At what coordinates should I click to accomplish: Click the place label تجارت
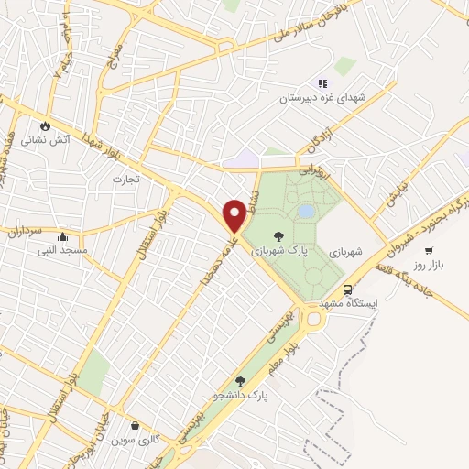pos(125,179)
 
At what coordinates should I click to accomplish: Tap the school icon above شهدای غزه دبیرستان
pos(322,84)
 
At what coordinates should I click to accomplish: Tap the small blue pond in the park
pos(305,212)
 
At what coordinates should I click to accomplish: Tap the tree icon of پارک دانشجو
pos(240,381)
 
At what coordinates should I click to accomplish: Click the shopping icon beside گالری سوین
pos(136,426)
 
